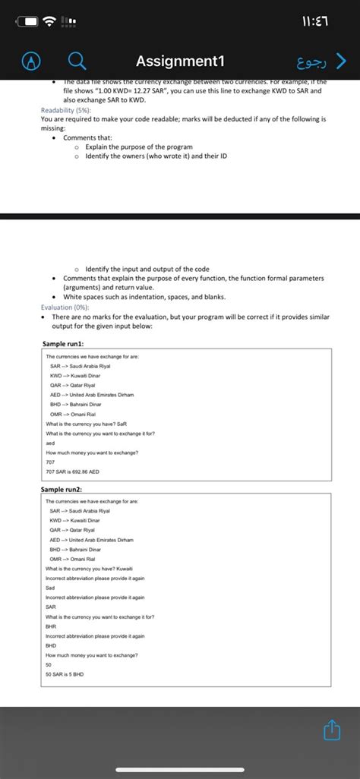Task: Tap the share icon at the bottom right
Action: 330,730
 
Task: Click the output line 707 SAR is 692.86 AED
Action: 72,471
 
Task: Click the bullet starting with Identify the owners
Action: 156,155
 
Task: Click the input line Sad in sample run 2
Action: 50,588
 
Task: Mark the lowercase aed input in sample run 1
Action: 50,443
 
